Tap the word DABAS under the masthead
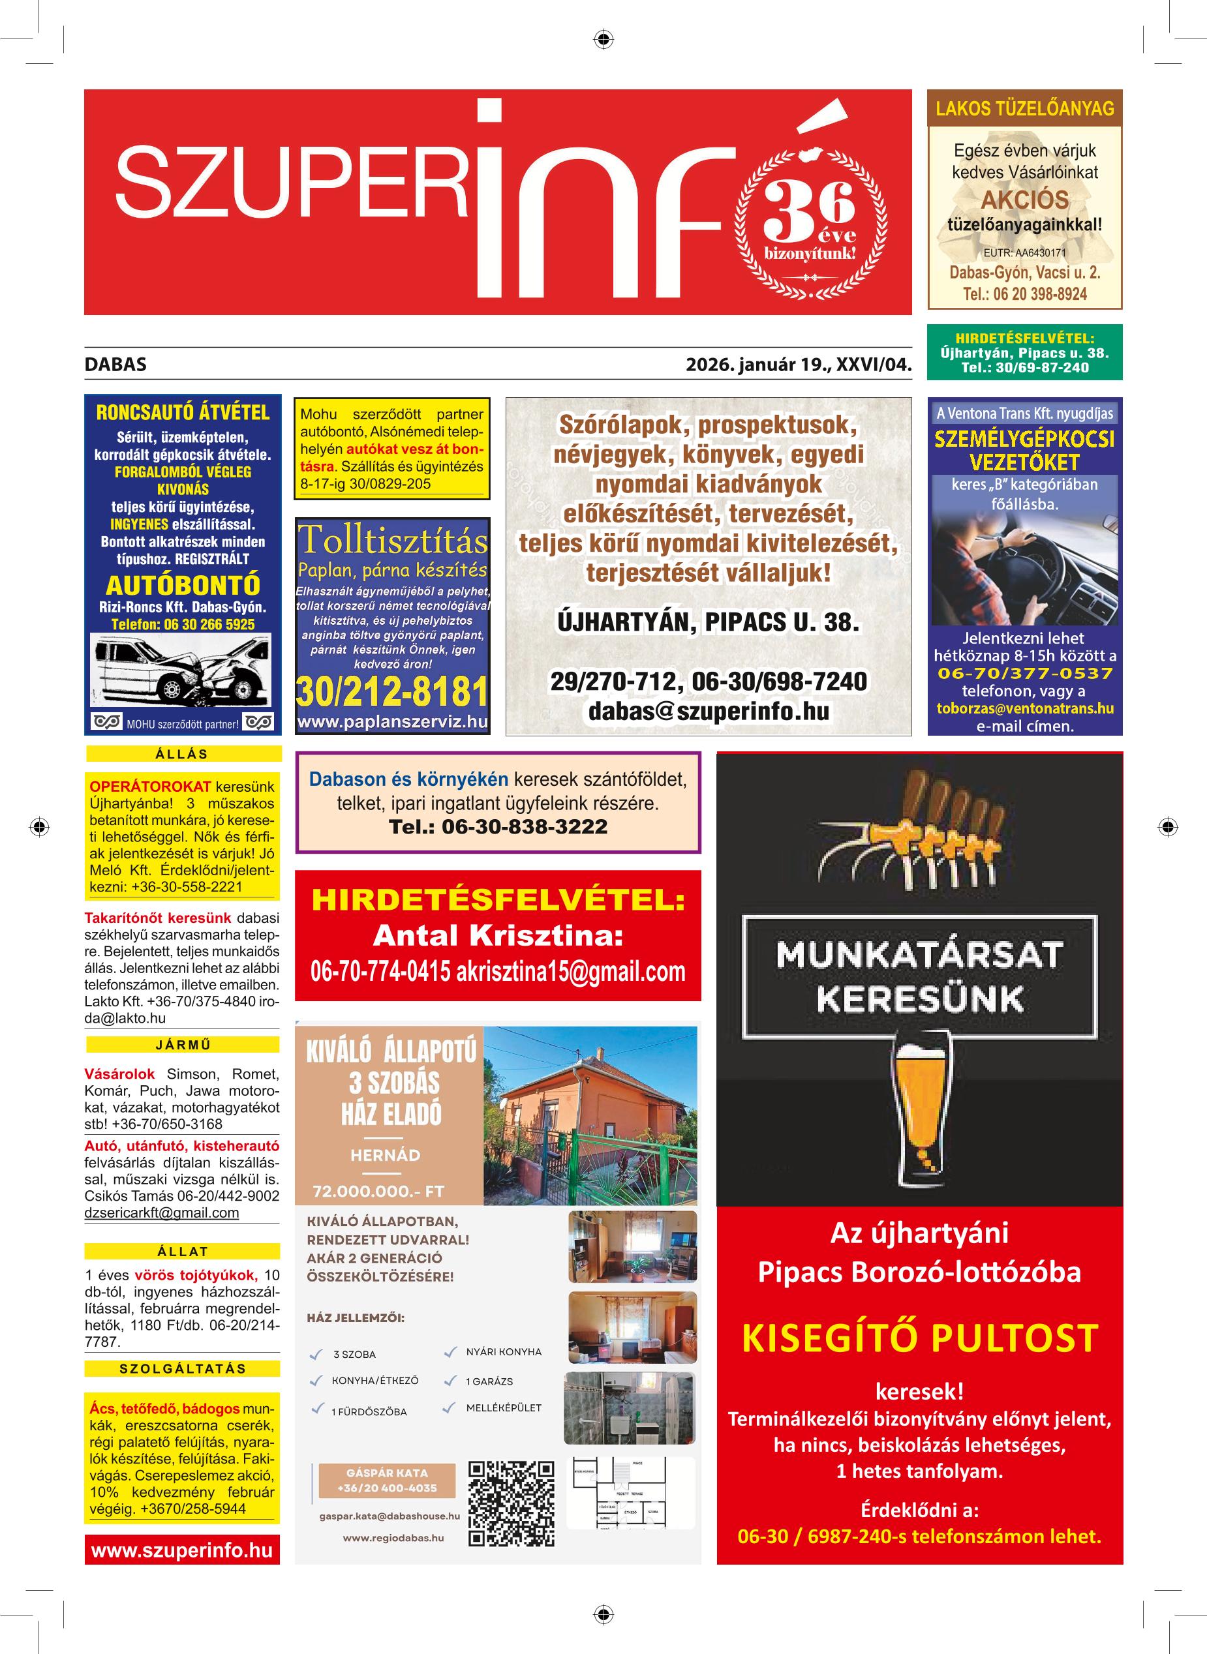[115, 365]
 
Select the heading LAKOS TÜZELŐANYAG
[1024, 109]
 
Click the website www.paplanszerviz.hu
[392, 722]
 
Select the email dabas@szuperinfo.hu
[708, 712]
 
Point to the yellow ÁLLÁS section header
[183, 753]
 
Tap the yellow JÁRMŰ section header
[183, 1044]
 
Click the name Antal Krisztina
[498, 935]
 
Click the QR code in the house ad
[511, 1503]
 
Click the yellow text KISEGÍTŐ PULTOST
[919, 1338]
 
